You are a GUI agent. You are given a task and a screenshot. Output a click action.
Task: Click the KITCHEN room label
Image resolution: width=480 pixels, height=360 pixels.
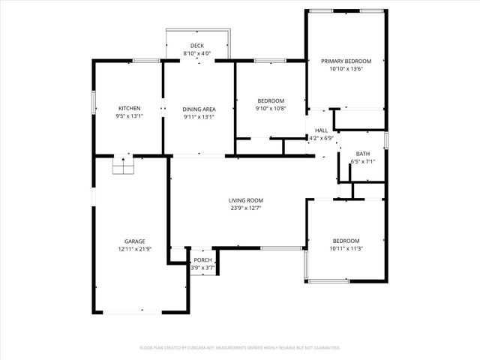(x=130, y=108)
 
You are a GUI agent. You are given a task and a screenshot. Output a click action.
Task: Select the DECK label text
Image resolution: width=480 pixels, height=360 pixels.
(x=197, y=46)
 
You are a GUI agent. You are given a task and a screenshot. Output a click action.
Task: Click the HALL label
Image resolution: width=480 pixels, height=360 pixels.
(x=321, y=130)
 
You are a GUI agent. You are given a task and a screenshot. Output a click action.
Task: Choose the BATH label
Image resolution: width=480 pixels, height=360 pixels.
(x=362, y=154)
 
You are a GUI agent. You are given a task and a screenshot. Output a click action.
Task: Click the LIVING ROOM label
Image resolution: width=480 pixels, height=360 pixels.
(x=246, y=200)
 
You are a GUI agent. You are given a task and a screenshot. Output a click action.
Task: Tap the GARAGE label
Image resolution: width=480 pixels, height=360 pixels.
(x=135, y=241)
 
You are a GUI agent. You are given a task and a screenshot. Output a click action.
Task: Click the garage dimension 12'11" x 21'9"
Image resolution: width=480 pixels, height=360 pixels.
(x=135, y=249)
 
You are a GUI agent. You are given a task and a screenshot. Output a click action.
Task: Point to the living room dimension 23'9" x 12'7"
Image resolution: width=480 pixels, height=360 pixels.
(x=246, y=208)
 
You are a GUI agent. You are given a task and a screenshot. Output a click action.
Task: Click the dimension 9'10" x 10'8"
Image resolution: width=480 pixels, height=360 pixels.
(x=271, y=109)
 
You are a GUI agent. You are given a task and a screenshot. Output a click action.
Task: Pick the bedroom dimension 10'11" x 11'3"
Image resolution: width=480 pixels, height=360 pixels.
(x=346, y=249)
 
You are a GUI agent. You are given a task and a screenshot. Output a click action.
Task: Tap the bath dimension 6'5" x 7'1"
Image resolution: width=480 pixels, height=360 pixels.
(x=362, y=162)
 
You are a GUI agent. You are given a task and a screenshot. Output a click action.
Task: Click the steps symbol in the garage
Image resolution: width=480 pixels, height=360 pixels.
(x=121, y=166)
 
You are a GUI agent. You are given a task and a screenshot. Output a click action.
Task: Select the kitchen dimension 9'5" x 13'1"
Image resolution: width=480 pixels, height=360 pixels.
(x=130, y=116)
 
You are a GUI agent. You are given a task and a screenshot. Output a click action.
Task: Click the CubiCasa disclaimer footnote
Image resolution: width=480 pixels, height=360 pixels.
(x=240, y=348)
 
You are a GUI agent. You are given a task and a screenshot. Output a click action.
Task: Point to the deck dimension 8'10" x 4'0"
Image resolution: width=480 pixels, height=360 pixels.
(x=197, y=54)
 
